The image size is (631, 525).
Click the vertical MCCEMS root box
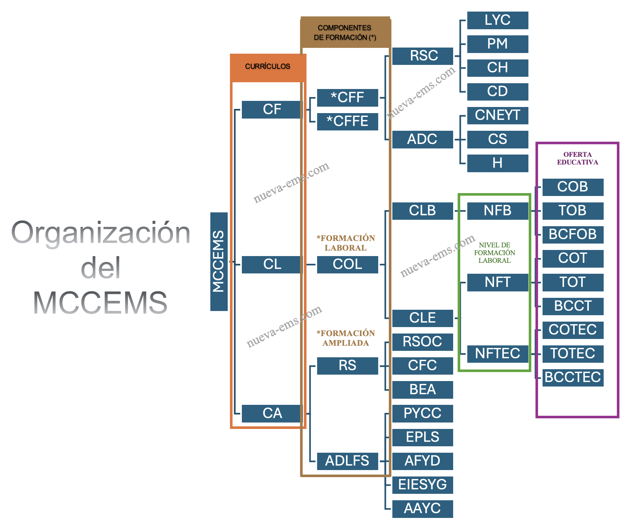(x=219, y=262)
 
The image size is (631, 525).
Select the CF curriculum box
(x=272, y=110)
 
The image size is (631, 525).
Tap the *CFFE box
(x=347, y=121)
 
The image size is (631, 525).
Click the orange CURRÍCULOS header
(x=268, y=67)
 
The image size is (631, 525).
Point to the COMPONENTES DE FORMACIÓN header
(x=345, y=33)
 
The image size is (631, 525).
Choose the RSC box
(x=423, y=56)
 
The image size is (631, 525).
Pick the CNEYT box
(x=497, y=115)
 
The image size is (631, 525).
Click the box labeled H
(x=497, y=163)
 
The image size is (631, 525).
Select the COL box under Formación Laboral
(x=347, y=264)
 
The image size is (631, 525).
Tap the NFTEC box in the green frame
(x=497, y=354)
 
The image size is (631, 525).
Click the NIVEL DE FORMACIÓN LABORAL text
(x=494, y=253)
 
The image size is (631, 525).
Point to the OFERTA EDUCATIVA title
(x=577, y=158)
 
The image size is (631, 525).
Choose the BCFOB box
(x=572, y=235)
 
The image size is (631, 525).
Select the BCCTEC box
(x=572, y=378)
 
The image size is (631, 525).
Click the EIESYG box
(x=422, y=485)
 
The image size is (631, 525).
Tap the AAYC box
(x=422, y=509)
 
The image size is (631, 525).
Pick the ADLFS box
(x=347, y=461)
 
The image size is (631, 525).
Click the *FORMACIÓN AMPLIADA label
(x=346, y=338)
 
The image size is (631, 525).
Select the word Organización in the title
(x=101, y=233)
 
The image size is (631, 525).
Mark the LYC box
(x=497, y=20)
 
